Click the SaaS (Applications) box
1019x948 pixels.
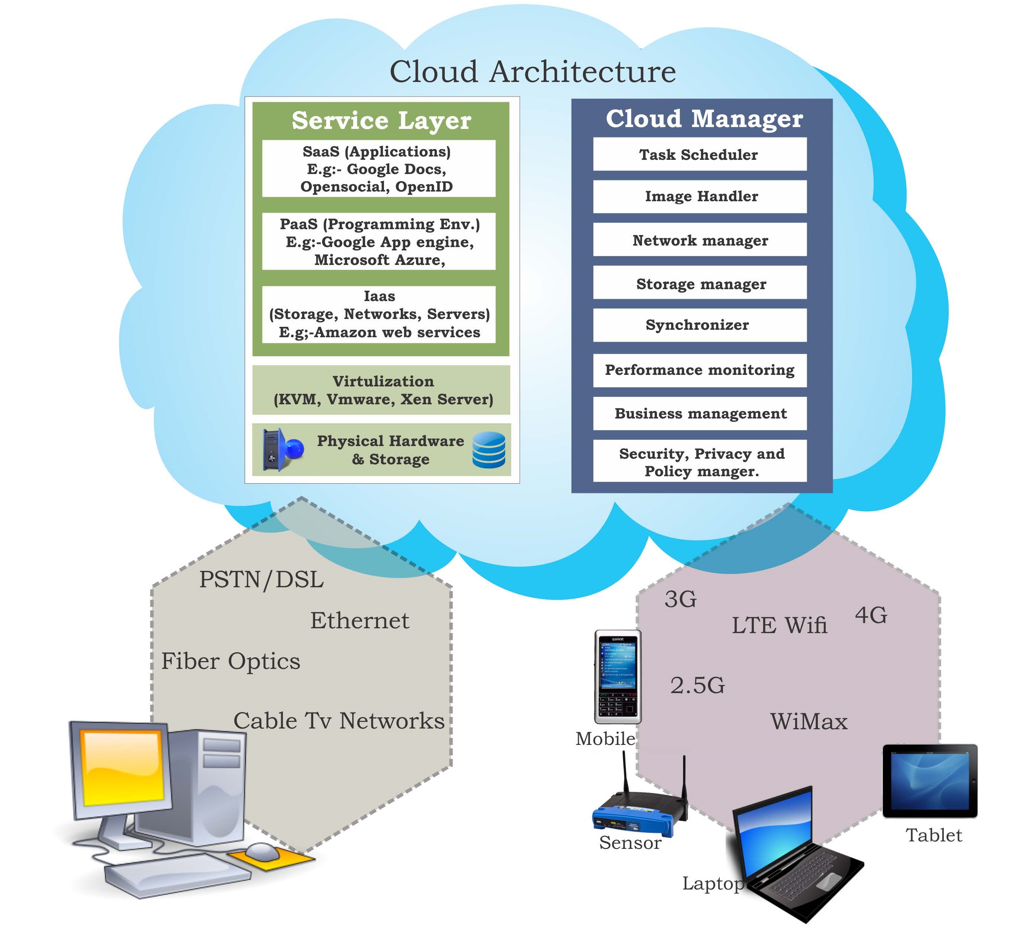coord(378,169)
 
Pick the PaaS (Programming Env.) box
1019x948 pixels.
coord(378,241)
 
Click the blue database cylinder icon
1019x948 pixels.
coord(489,450)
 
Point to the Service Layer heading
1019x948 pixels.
coord(381,121)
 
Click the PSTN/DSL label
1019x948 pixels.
coord(261,580)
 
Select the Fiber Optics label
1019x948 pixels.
coord(230,661)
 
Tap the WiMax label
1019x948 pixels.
coord(808,721)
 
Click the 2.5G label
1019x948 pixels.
coord(697,685)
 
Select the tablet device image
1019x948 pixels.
coord(929,781)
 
